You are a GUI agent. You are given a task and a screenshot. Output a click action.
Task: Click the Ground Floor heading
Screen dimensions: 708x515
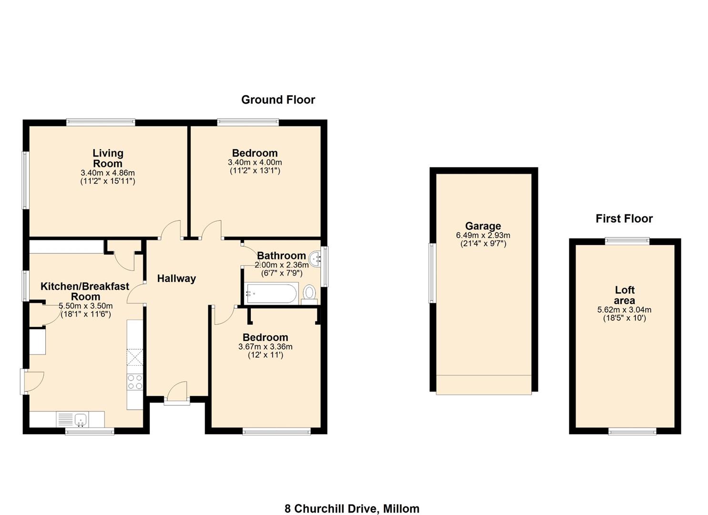[278, 100]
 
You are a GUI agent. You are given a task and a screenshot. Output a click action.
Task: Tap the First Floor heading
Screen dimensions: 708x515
[624, 218]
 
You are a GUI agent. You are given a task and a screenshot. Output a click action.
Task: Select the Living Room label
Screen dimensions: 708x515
[108, 158]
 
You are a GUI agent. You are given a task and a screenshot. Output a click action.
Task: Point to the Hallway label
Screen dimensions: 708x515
[177, 278]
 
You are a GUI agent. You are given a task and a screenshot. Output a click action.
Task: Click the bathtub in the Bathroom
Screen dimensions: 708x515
[272, 293]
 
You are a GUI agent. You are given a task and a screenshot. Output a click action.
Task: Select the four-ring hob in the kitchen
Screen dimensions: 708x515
[135, 382]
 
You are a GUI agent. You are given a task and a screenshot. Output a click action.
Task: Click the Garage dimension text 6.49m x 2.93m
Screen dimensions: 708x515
[483, 235]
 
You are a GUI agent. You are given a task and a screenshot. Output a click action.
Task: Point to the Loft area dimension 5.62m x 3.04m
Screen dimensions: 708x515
[624, 310]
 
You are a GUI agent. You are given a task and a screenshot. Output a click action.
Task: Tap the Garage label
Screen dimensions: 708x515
[483, 226]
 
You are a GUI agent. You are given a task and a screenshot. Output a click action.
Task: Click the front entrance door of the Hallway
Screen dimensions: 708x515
[177, 394]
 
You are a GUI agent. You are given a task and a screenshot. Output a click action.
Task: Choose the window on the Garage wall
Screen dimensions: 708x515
[432, 273]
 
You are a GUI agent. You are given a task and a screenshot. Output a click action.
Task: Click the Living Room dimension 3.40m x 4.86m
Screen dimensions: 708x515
[108, 173]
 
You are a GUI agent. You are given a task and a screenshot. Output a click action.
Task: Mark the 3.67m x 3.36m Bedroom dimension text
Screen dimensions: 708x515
[266, 347]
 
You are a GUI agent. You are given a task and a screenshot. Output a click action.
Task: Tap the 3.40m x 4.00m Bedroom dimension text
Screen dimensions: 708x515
[255, 163]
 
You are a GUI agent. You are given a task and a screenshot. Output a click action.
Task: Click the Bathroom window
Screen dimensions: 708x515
[325, 267]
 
